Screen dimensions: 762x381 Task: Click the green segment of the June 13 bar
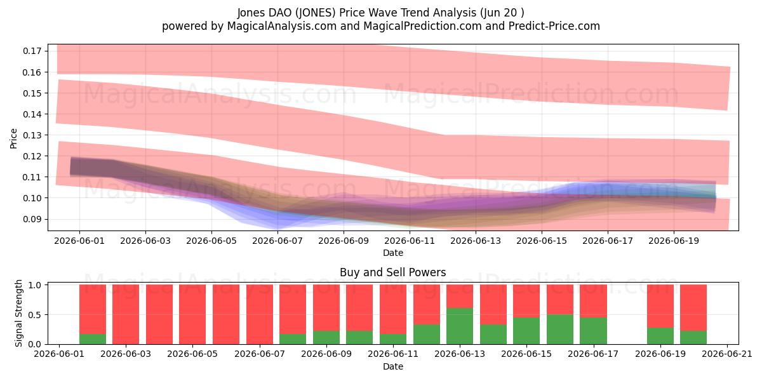click(460, 326)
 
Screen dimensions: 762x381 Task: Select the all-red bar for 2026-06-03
click(126, 314)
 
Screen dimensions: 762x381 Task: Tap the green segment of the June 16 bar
click(560, 330)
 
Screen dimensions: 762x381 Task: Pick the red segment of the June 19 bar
click(660, 306)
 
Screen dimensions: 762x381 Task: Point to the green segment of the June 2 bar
click(93, 339)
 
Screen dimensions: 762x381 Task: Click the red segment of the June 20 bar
click(693, 308)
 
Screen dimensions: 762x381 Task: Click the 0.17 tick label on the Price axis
click(32, 51)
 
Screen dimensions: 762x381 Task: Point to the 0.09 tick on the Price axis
click(32, 219)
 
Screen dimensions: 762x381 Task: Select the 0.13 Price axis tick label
click(32, 135)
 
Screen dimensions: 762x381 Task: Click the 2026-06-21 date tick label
click(727, 354)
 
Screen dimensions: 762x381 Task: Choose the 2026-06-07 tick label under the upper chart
click(277, 241)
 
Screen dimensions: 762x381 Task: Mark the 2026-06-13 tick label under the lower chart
click(460, 354)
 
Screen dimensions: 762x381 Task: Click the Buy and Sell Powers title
click(393, 272)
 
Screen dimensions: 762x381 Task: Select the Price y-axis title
click(13, 138)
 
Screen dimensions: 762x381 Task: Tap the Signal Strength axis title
click(18, 313)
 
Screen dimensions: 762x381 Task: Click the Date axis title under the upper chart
click(393, 253)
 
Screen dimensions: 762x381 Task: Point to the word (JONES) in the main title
click(316, 13)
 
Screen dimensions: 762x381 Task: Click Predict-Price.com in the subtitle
click(554, 26)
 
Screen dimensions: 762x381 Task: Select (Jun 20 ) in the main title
click(502, 13)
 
